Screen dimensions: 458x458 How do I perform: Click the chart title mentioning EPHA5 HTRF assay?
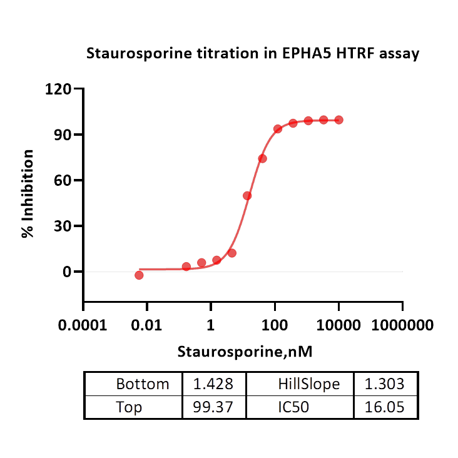click(x=252, y=54)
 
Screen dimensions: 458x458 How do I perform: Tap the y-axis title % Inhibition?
click(x=28, y=194)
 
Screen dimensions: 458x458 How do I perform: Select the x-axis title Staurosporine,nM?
click(x=245, y=351)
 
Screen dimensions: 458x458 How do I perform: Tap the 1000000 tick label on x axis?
click(x=402, y=325)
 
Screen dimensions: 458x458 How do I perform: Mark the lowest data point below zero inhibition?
click(x=139, y=275)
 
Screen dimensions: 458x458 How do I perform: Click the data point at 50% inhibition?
click(x=247, y=196)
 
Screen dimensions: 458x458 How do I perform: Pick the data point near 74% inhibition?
click(x=263, y=158)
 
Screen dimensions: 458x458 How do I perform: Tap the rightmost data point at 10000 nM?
click(x=338, y=120)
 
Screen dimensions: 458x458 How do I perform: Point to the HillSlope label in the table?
click(x=308, y=384)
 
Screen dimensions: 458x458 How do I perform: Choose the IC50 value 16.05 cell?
click(x=386, y=407)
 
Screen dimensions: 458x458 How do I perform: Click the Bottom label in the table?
click(x=143, y=384)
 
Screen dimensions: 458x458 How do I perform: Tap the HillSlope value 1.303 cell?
click(x=386, y=384)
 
